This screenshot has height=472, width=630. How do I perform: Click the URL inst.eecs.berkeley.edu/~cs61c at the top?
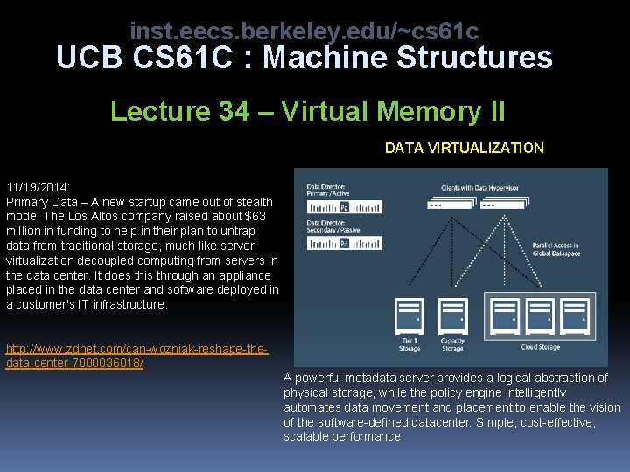point(304,31)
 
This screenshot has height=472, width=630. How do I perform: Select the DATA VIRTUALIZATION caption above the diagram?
point(464,148)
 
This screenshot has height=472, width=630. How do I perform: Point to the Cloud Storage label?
point(540,348)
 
